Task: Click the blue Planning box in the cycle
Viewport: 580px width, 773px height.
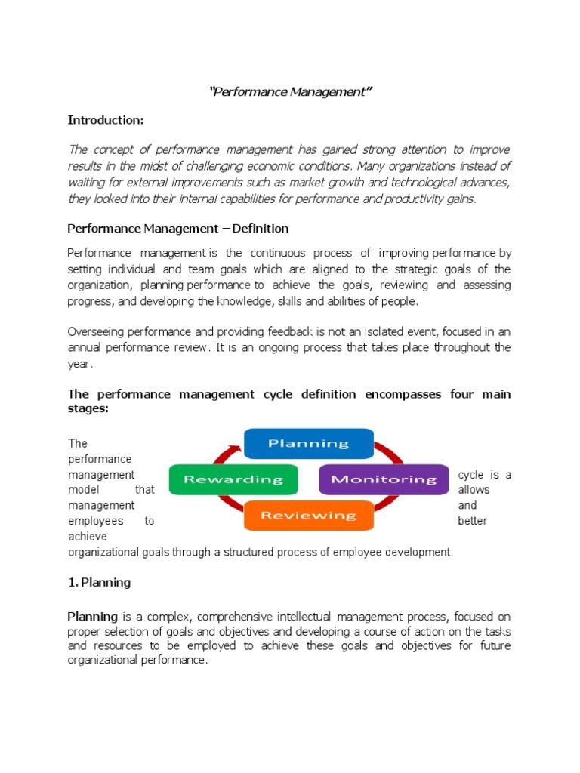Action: pos(309,443)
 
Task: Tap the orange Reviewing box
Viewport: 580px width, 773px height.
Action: pos(308,516)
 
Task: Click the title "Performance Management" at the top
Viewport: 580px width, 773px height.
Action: pos(291,92)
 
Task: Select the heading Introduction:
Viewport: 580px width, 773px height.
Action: pos(105,120)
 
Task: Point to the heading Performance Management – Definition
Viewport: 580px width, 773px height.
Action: pos(178,228)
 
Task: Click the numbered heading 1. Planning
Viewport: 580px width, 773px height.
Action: pos(99,582)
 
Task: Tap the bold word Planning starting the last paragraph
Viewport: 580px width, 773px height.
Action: pos(93,617)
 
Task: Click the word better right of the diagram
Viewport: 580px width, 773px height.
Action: pos(473,521)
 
